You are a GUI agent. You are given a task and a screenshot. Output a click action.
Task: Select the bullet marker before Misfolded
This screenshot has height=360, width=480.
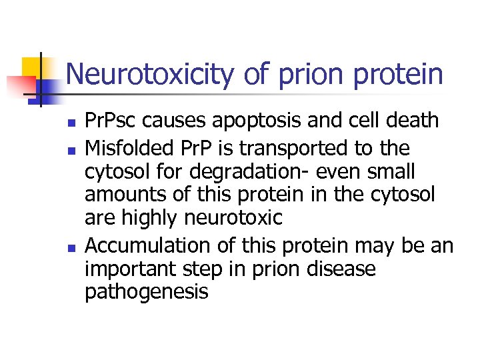click(x=71, y=148)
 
